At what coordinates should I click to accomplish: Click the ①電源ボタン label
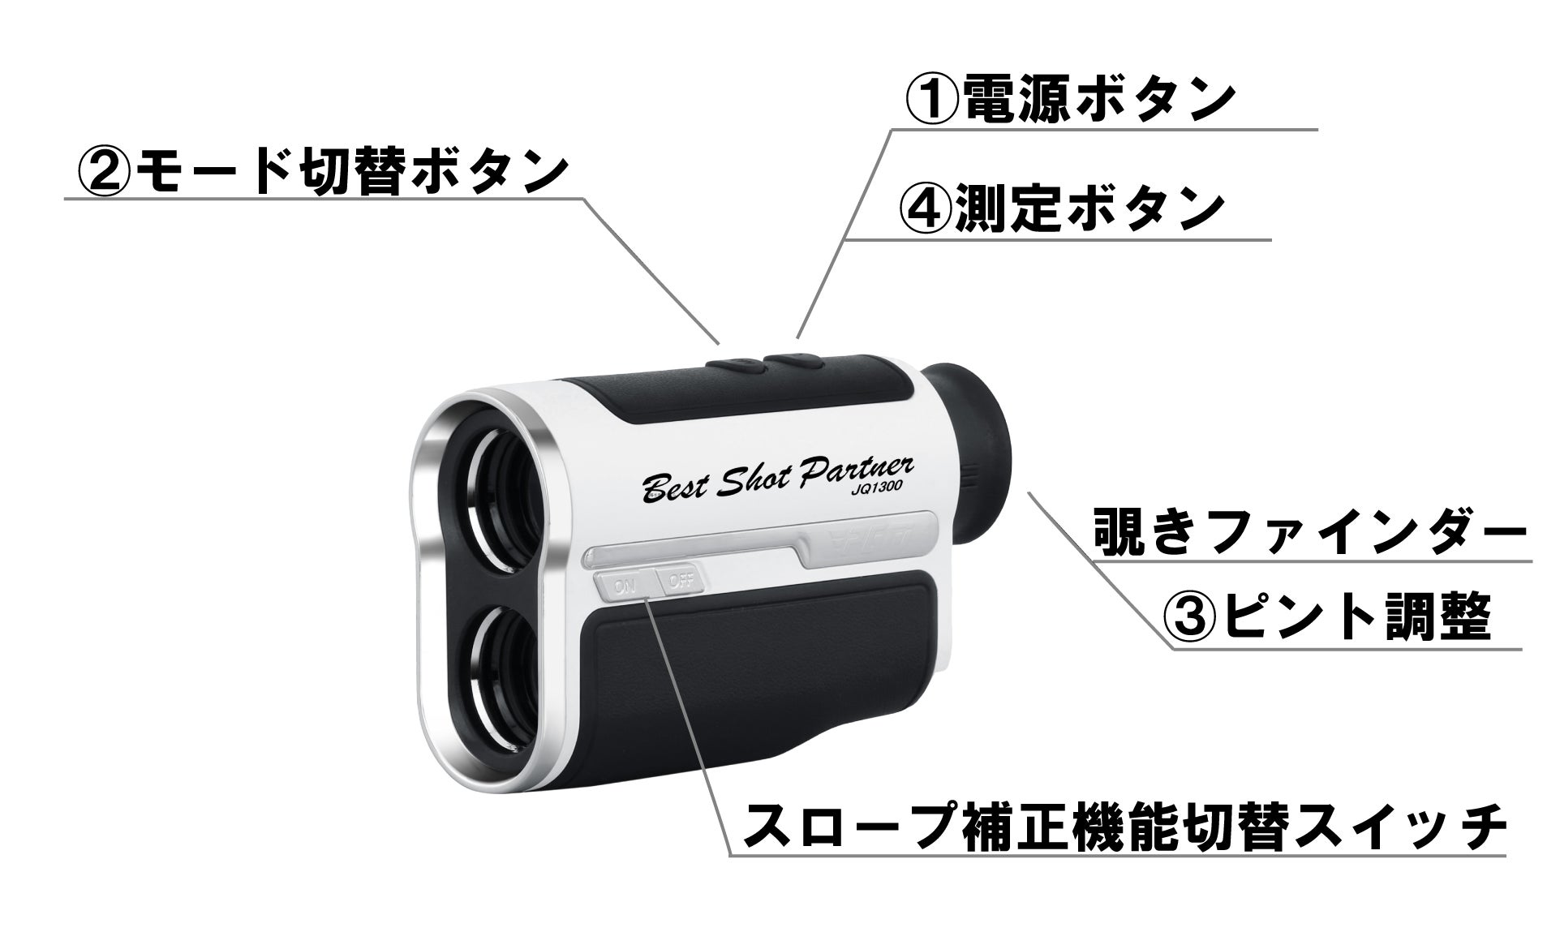tap(1069, 101)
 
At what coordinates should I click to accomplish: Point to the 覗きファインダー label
tap(1308, 532)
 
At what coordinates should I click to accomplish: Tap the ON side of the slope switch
tap(624, 582)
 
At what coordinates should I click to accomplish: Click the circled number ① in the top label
tap(929, 101)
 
